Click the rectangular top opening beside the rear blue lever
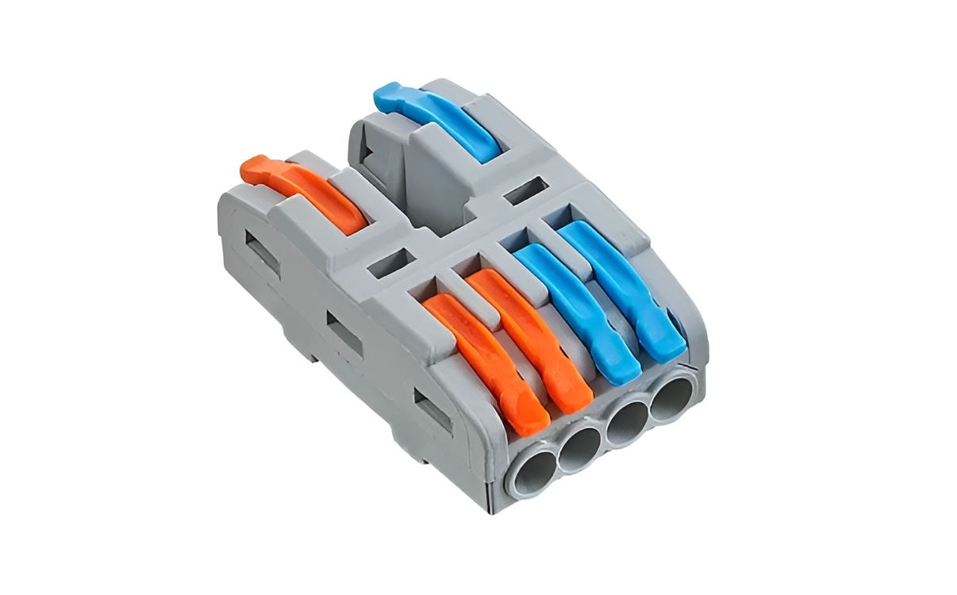pos(525,190)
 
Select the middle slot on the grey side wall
pos(345,334)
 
